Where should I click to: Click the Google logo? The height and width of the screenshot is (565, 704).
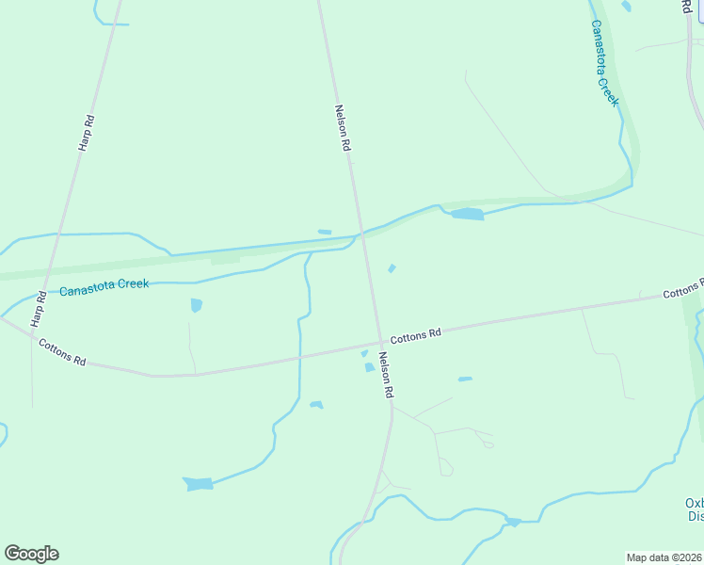tap(31, 554)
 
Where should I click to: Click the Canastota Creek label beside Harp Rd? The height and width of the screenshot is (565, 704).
tap(104, 287)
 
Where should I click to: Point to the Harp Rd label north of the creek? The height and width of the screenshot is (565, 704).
tap(87, 133)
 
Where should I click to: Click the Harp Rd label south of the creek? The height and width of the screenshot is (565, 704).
tap(39, 309)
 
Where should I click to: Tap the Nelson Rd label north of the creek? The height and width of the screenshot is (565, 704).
tap(344, 127)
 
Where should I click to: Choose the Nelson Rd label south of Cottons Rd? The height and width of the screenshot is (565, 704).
tap(385, 374)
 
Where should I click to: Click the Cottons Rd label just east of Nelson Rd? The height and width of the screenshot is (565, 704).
tap(415, 334)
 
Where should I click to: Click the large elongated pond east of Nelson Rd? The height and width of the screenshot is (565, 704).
tap(467, 215)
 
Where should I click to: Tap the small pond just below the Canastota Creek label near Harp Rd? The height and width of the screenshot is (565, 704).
tap(196, 305)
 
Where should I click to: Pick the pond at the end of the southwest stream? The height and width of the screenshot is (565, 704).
tap(198, 484)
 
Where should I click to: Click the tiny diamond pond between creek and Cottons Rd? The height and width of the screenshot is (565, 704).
tap(392, 268)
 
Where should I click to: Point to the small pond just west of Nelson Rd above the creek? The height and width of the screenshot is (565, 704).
tap(325, 232)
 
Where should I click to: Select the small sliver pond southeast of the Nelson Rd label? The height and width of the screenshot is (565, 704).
tap(465, 379)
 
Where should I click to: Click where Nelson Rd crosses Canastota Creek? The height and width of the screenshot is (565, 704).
tap(360, 234)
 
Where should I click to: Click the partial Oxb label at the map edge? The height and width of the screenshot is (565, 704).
tap(695, 503)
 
